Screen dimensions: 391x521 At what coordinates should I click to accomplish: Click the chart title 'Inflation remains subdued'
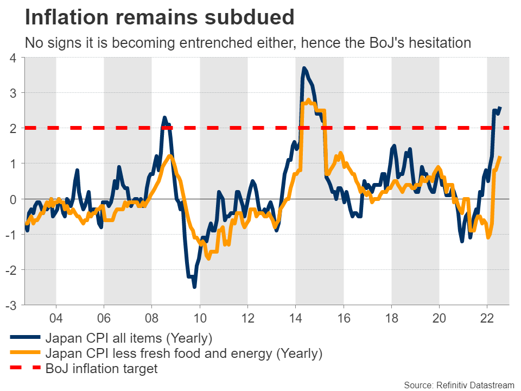tap(160, 17)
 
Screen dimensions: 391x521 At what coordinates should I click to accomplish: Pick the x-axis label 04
tap(56, 316)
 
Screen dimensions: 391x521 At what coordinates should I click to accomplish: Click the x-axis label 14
tap(295, 316)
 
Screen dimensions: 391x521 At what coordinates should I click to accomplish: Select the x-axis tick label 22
tap(487, 316)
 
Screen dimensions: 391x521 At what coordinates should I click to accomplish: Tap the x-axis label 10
tap(200, 316)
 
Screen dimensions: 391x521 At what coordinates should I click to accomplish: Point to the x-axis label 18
tap(391, 316)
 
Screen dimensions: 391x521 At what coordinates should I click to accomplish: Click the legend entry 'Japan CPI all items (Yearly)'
tap(129, 338)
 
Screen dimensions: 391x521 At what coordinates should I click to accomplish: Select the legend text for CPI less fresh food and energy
tap(184, 354)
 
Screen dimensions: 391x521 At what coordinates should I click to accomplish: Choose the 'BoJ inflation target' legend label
tap(101, 369)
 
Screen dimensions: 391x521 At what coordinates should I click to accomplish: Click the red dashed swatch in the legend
tap(24, 369)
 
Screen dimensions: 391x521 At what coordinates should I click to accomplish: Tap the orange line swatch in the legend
tap(24, 354)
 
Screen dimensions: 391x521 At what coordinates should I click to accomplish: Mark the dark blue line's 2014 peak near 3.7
tap(304, 68)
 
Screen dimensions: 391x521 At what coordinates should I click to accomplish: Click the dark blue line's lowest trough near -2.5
tap(194, 287)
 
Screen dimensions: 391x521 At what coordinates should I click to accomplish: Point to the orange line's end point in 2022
tap(500, 157)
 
